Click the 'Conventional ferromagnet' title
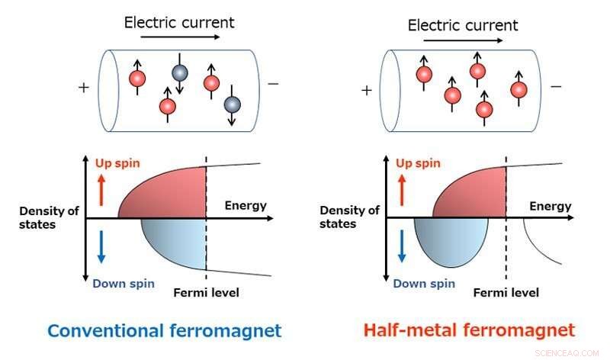click(164, 331)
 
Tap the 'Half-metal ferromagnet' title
click(467, 330)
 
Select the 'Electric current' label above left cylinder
click(179, 22)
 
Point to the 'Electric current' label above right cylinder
click(463, 25)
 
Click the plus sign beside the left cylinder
click(83, 87)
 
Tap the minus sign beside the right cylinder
click(556, 86)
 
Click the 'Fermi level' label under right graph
click(506, 293)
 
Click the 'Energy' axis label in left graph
click(246, 205)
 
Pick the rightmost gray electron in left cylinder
click(233, 103)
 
